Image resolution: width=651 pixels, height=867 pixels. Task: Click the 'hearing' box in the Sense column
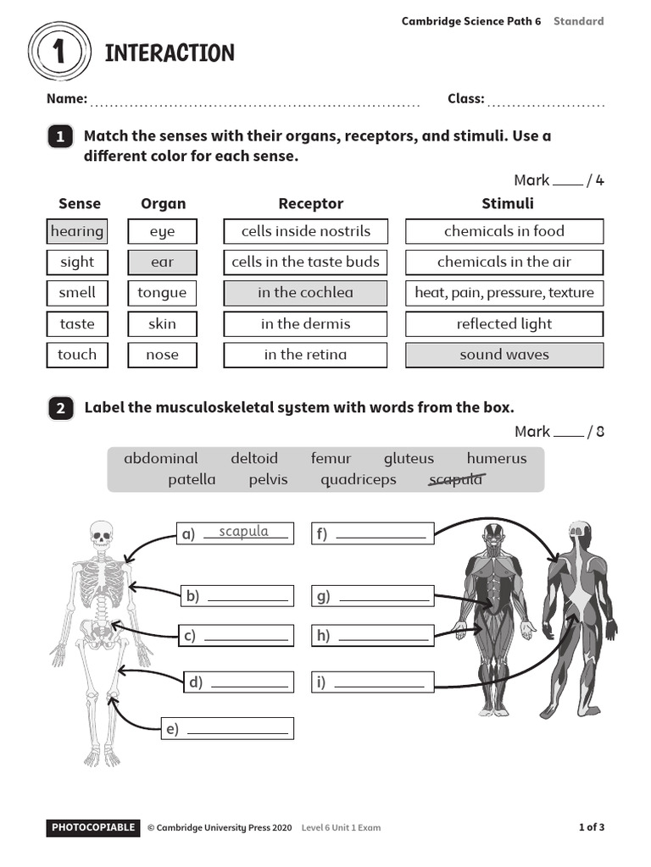pos(76,231)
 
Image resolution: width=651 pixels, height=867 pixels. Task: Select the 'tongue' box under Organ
pos(162,293)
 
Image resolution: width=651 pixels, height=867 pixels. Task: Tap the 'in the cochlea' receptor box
pos(305,293)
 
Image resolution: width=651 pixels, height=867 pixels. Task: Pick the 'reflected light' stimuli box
pos(504,323)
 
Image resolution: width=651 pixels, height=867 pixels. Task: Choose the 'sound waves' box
pos(504,355)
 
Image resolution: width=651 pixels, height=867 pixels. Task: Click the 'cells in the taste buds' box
pos(305,262)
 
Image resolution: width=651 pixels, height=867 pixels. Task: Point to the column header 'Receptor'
pos(310,203)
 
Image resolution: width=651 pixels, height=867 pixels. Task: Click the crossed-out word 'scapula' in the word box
pos(456,479)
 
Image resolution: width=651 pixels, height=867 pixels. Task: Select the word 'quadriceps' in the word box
pos(358,479)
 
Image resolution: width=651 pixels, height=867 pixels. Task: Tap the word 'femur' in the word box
pos(331,458)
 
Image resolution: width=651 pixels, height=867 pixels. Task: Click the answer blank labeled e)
pos(238,729)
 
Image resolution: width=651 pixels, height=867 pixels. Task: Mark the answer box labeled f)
pos(373,533)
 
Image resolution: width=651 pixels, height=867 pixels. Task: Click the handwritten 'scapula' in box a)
pos(243,532)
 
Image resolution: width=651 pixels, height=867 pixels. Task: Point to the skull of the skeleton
pos(101,535)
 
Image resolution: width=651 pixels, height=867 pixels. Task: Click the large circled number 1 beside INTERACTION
pos(58,53)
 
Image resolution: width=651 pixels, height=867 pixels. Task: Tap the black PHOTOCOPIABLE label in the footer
pos(92,827)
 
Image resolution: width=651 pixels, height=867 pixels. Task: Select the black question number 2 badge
pos(60,408)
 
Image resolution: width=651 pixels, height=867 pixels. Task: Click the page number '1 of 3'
pos(591,827)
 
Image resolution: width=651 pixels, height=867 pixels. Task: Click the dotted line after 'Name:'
pos(254,103)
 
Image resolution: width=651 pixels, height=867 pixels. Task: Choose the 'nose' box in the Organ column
pos(162,355)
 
